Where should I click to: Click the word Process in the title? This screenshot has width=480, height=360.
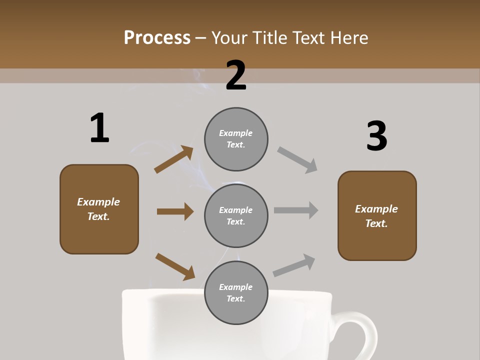click(x=157, y=38)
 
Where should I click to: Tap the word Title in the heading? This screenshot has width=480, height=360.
click(x=268, y=38)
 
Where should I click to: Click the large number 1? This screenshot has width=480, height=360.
click(x=99, y=128)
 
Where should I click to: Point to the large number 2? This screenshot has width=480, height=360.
click(x=236, y=75)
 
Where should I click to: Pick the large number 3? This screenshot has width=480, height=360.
click(x=376, y=136)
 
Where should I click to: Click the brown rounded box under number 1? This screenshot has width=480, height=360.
click(x=99, y=209)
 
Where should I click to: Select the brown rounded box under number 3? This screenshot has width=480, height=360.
click(x=377, y=216)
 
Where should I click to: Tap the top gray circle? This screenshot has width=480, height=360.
click(x=236, y=139)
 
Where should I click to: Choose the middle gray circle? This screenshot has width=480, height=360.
click(x=236, y=215)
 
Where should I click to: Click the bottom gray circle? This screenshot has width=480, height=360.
click(x=236, y=292)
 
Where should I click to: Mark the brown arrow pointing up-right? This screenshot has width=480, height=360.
click(x=174, y=159)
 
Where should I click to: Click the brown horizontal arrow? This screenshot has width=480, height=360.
click(x=175, y=211)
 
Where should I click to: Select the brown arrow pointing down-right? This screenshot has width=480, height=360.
click(x=175, y=266)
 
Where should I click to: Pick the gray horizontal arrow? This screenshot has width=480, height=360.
click(x=296, y=210)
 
